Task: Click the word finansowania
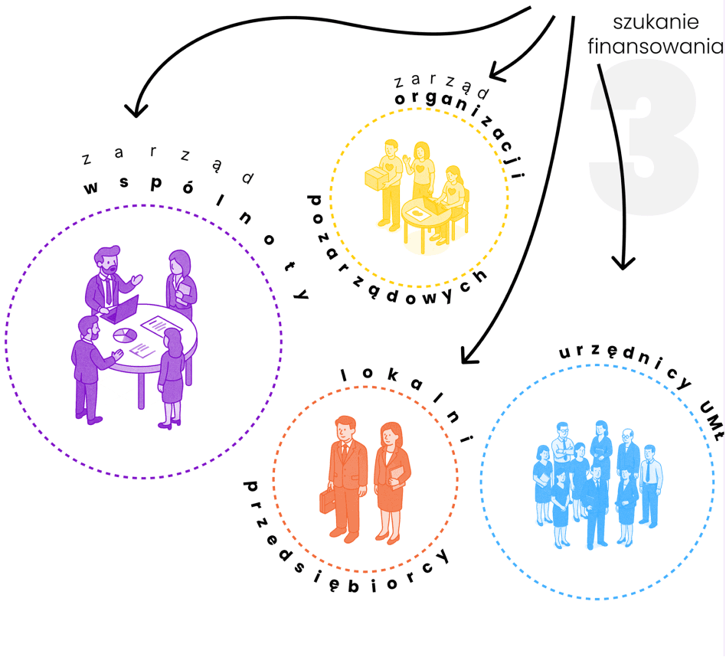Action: pyautogui.click(x=656, y=46)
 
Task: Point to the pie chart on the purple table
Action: pyautogui.click(x=125, y=335)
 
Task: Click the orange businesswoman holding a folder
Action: pyautogui.click(x=393, y=482)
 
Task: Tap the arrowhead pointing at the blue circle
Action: pyautogui.click(x=624, y=263)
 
